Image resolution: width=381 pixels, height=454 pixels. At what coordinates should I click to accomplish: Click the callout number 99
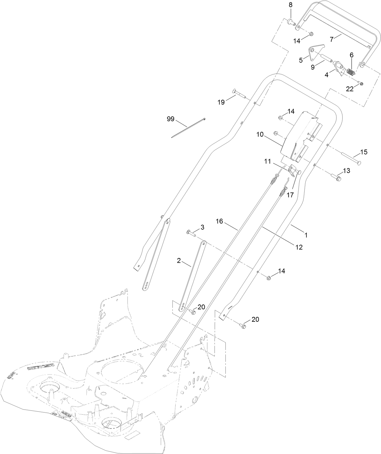(171, 119)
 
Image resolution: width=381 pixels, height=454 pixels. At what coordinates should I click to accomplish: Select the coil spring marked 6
(351, 72)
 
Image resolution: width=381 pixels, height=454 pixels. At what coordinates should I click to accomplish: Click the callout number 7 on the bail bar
(331, 39)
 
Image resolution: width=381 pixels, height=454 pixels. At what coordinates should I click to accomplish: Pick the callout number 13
(346, 171)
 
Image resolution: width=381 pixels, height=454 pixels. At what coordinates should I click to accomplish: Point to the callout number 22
(350, 89)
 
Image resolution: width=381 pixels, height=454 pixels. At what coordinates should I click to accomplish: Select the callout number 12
(299, 247)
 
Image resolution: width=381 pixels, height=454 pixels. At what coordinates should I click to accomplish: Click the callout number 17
(290, 195)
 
